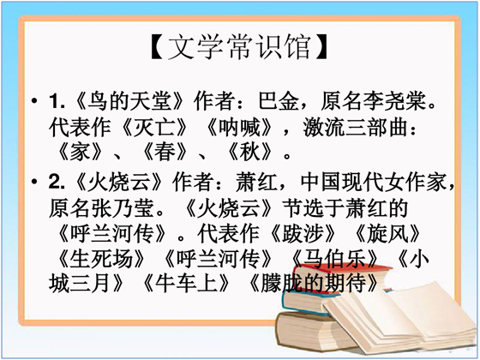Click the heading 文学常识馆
(240, 47)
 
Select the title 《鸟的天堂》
(129, 101)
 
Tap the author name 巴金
(278, 101)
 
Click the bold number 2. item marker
(57, 182)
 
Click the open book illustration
(398, 317)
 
